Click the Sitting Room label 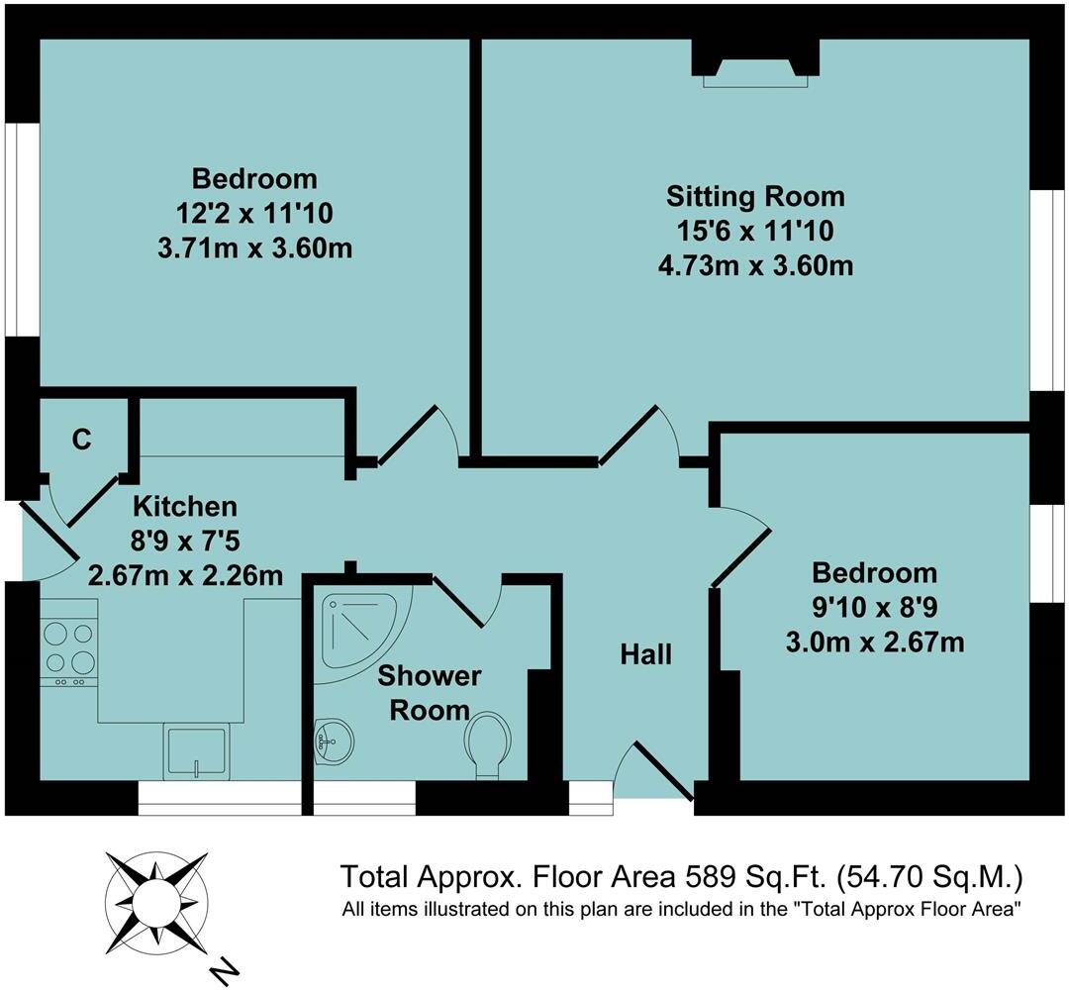point(755,195)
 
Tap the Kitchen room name point(185,506)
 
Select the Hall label point(646,653)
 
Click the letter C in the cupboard point(82,440)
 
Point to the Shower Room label point(429,693)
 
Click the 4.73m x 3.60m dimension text point(755,265)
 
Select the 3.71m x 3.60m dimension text point(254,247)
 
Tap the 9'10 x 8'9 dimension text point(874,607)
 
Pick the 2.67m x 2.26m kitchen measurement point(185,574)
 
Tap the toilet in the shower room point(487,744)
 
